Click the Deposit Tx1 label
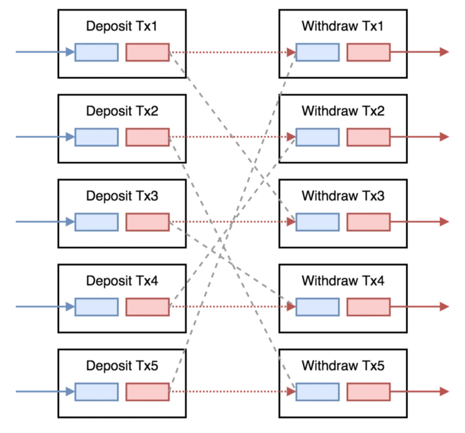click(x=122, y=27)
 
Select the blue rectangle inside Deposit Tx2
click(x=96, y=137)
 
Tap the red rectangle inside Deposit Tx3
click(x=147, y=222)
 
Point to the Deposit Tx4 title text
click(x=122, y=281)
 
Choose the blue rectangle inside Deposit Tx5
click(x=96, y=392)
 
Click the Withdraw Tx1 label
click(x=343, y=27)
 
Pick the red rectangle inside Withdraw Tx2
click(x=368, y=137)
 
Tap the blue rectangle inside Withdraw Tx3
click(x=318, y=222)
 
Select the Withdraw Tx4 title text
click(x=343, y=281)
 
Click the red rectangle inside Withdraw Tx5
click(x=368, y=392)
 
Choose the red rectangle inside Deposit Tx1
click(x=147, y=52)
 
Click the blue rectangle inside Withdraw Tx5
click(x=318, y=392)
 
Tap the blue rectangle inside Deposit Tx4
click(x=96, y=307)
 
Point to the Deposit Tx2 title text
click(x=122, y=112)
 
